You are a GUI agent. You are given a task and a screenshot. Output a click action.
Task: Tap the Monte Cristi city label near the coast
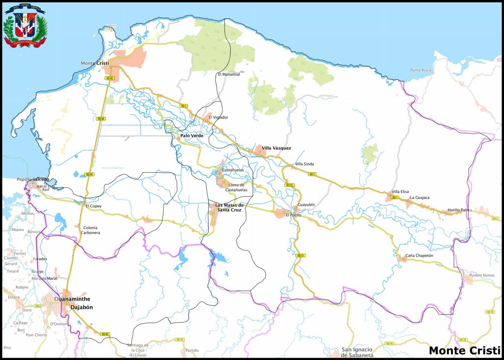pyautogui.click(x=94, y=63)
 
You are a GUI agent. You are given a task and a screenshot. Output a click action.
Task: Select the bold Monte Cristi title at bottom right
pyautogui.click(x=464, y=351)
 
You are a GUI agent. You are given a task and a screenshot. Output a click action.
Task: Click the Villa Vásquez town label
pyautogui.click(x=276, y=148)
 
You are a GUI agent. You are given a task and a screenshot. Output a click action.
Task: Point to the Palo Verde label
pyautogui.click(x=191, y=136)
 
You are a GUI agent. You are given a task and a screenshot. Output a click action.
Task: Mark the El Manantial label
pyautogui.click(x=229, y=74)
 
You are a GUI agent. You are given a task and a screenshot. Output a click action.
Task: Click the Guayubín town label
pyautogui.click(x=306, y=204)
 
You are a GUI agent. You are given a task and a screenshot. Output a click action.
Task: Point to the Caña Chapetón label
pyautogui.click(x=419, y=256)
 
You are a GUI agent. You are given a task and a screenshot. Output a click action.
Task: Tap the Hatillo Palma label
pyautogui.click(x=459, y=210)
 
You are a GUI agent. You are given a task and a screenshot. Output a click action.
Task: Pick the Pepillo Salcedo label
pyautogui.click(x=33, y=180)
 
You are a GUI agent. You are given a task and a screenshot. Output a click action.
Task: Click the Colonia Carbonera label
pyautogui.click(x=92, y=230)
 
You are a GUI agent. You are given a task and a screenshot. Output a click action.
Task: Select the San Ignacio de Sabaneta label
pyautogui.click(x=357, y=353)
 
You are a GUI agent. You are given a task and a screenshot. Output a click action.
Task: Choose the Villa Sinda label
pyautogui.click(x=304, y=164)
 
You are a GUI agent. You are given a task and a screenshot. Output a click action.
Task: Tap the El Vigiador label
pyautogui.click(x=218, y=117)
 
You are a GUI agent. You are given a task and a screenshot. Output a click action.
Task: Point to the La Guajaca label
pyautogui.click(x=420, y=198)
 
